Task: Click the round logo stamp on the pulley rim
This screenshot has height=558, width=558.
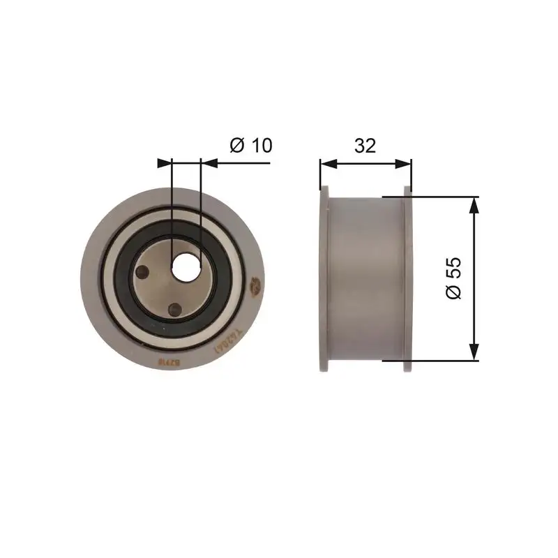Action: pos(255,284)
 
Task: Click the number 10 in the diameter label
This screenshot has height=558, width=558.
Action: pos(259,145)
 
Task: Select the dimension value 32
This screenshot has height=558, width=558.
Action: pos(365,145)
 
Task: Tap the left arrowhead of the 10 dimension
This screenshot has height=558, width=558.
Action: pos(165,163)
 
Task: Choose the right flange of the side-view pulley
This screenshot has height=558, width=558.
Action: pos(408,278)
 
